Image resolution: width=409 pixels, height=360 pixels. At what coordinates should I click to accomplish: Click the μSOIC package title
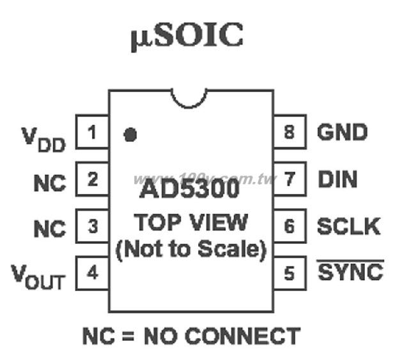[x=187, y=36]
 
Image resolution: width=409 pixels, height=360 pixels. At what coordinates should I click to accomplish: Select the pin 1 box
[x=92, y=132]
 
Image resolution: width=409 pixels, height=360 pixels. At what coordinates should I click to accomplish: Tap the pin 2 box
[x=92, y=179]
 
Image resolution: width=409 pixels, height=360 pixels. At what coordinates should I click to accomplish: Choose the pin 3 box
[x=92, y=226]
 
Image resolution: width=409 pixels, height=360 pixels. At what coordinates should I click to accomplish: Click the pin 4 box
[x=92, y=273]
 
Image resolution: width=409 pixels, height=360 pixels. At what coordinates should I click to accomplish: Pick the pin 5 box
[x=289, y=273]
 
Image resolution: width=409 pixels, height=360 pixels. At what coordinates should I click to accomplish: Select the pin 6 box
[x=289, y=226]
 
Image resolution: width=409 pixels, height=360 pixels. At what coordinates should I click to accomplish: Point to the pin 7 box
[x=289, y=179]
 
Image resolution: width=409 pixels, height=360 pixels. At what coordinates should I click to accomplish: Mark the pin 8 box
[x=289, y=132]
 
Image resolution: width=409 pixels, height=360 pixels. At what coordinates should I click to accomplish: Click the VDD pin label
[x=43, y=139]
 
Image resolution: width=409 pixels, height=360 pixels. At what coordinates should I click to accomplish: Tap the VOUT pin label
[x=38, y=276]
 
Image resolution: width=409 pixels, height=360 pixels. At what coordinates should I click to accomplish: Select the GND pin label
[x=343, y=132]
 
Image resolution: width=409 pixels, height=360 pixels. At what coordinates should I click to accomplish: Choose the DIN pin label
[x=338, y=179]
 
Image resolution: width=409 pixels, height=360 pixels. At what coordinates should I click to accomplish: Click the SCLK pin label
[x=349, y=226]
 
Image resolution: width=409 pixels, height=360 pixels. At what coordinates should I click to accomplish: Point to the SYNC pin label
[x=350, y=271]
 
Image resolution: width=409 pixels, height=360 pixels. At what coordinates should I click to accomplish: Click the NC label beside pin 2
[x=50, y=183]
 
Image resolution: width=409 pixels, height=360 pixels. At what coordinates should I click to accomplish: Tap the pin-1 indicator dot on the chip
[x=130, y=135]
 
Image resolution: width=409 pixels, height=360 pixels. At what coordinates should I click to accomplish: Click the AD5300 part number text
[x=189, y=189]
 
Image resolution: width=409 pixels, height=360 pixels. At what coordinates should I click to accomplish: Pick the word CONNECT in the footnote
[x=243, y=336]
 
